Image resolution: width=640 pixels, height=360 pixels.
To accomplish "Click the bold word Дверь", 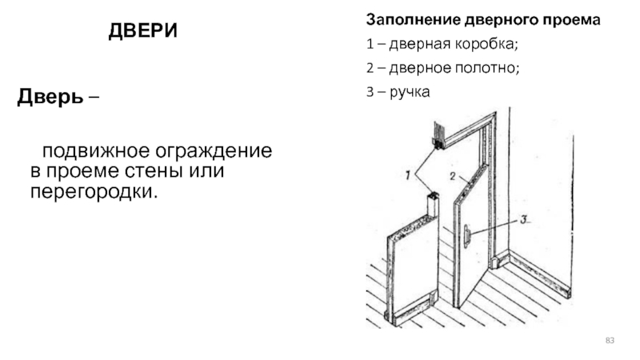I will (49, 99).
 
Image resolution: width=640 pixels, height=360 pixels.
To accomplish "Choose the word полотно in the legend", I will (487, 68).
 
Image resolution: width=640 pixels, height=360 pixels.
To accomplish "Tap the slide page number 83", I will (610, 342).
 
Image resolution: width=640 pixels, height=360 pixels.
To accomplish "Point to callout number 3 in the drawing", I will (522, 219).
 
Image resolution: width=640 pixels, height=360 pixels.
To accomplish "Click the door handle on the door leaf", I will (466, 234).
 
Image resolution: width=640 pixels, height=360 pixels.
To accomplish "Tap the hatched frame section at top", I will (438, 134).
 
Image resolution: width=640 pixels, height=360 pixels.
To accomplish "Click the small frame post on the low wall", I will (434, 206).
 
